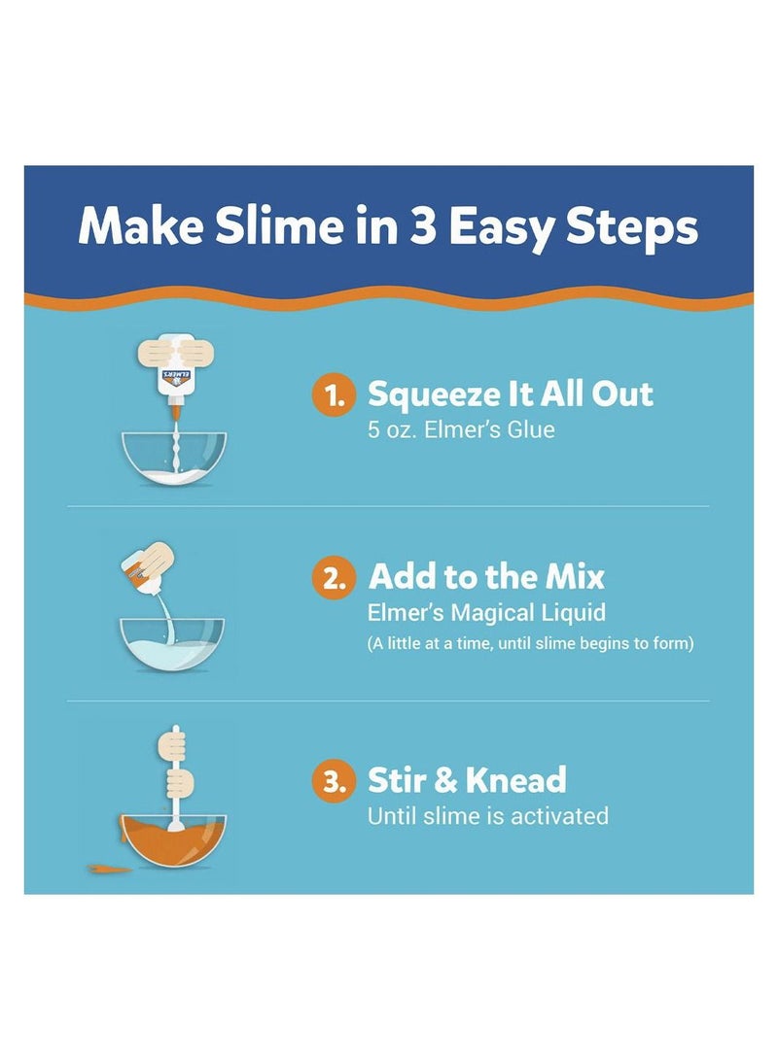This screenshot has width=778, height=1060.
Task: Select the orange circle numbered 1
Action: [x=334, y=396]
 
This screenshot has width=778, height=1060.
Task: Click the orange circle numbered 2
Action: [x=334, y=578]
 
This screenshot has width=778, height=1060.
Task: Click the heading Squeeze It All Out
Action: [x=510, y=394]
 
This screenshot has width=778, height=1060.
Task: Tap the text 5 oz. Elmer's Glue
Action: [x=461, y=429]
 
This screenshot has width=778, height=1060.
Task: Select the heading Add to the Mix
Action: [x=486, y=577]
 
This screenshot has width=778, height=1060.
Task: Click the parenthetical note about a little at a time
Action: [x=530, y=643]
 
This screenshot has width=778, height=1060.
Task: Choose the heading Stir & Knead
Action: [x=467, y=780]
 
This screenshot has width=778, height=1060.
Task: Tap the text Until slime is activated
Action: [x=487, y=816]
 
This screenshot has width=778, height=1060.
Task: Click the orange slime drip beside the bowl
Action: [x=110, y=868]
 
